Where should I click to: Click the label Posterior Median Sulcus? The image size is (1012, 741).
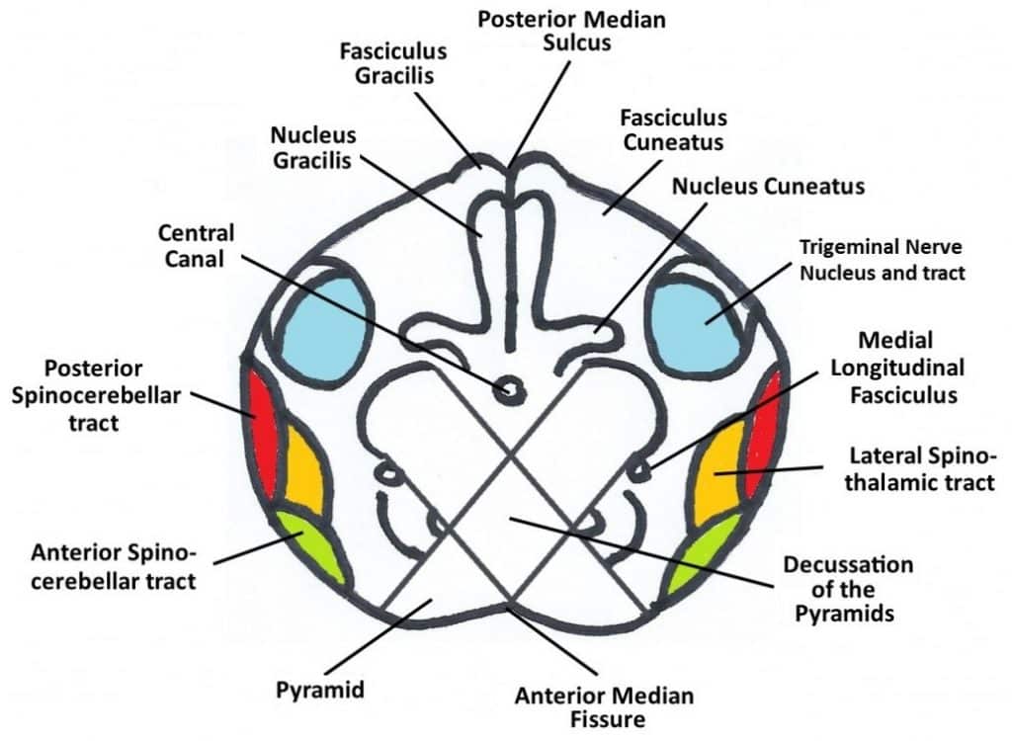[558, 31]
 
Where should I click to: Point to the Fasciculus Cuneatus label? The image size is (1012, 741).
[673, 129]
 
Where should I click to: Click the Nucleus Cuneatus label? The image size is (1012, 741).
[768, 186]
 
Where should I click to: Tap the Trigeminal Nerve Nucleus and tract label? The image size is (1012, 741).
[881, 259]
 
